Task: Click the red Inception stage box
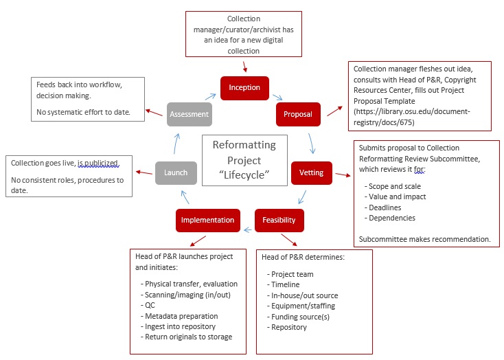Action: pyautogui.click(x=244, y=87)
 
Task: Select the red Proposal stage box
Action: pyautogui.click(x=298, y=114)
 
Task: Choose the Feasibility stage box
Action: pyautogui.click(x=279, y=220)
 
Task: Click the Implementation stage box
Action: pyautogui.click(x=208, y=220)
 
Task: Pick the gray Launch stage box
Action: pyautogui.click(x=176, y=172)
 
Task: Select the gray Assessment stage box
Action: pyautogui.click(x=189, y=114)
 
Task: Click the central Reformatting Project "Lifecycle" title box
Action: pyautogui.click(x=244, y=160)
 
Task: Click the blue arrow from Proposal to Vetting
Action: pyautogui.click(x=312, y=143)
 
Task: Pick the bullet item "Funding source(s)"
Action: pyautogui.click(x=298, y=317)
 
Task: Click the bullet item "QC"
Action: pyautogui.click(x=151, y=304)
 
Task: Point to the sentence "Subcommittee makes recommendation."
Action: pyautogui.click(x=424, y=239)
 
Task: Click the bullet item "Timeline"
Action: pyautogui.click(x=287, y=284)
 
